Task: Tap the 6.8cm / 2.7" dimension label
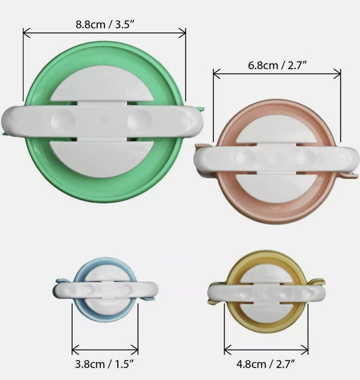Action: click(x=277, y=65)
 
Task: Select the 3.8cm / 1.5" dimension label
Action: click(x=105, y=365)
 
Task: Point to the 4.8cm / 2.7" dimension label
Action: click(x=266, y=365)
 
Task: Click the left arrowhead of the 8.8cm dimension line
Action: click(x=26, y=33)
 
